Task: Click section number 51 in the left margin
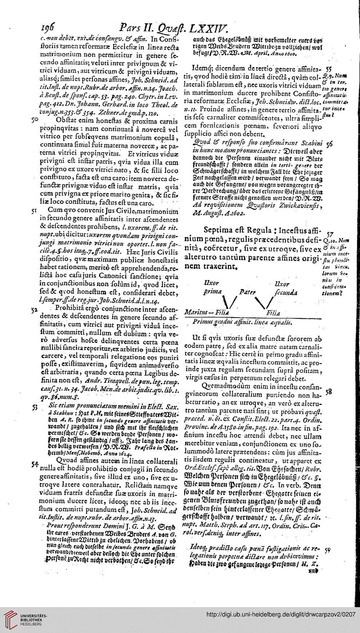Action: tap(35, 210)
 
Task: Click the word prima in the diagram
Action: tap(211, 292)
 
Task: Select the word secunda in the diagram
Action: tap(286, 292)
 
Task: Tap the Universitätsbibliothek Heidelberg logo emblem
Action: tap(10, 621)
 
